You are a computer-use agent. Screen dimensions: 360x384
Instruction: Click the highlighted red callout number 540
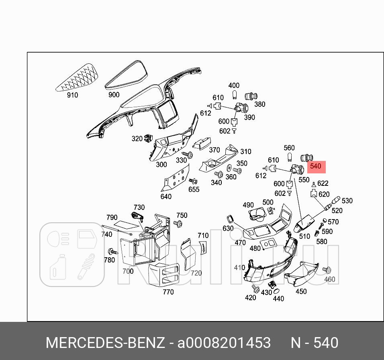click(x=316, y=166)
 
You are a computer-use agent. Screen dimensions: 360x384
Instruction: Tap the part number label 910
click(x=72, y=95)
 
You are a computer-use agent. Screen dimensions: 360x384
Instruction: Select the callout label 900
click(x=114, y=95)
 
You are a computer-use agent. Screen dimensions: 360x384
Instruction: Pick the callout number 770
click(x=168, y=292)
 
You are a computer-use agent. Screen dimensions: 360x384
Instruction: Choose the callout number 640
click(x=165, y=197)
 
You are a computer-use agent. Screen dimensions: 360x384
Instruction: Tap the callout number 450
click(x=301, y=292)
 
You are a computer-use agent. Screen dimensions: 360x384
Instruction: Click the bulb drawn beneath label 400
click(x=234, y=95)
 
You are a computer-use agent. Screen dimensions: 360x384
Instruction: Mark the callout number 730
click(x=139, y=207)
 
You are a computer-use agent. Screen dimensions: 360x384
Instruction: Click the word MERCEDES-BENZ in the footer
click(x=105, y=343)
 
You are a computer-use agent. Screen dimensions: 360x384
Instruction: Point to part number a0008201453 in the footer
click(x=224, y=343)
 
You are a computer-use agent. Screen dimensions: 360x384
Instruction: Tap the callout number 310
click(x=245, y=152)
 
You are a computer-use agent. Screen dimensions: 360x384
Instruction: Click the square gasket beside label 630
click(x=231, y=219)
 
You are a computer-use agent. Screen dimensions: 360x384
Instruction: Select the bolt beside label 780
click(x=111, y=252)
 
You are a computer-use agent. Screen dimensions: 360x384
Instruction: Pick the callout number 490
click(x=248, y=205)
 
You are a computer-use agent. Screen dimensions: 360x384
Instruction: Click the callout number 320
click(x=137, y=139)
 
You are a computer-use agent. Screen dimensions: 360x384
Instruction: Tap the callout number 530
click(x=347, y=201)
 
